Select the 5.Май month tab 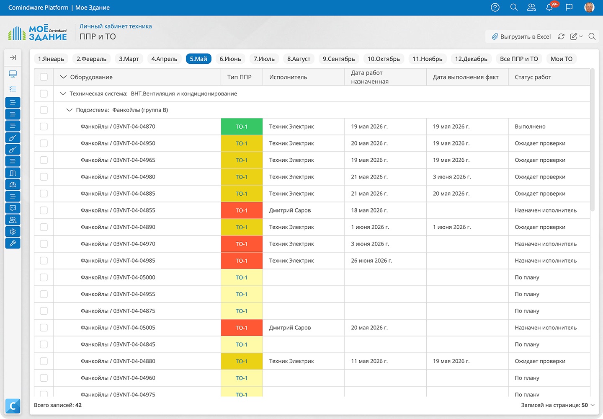[198, 59]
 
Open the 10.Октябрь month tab [384, 59]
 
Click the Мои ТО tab [561, 59]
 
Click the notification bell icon [549, 7]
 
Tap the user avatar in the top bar [589, 7]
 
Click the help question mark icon [495, 7]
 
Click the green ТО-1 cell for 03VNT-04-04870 [242, 127]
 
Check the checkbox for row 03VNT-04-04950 [44, 143]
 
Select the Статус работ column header [533, 77]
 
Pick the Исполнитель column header [288, 77]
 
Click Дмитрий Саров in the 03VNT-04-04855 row [290, 210]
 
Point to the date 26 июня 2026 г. [371, 261]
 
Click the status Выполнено [530, 127]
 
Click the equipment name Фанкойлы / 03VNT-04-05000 [118, 277]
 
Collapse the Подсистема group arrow [69, 110]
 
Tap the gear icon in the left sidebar [13, 232]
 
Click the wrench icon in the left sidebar [13, 243]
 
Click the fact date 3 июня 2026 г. [452, 177]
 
